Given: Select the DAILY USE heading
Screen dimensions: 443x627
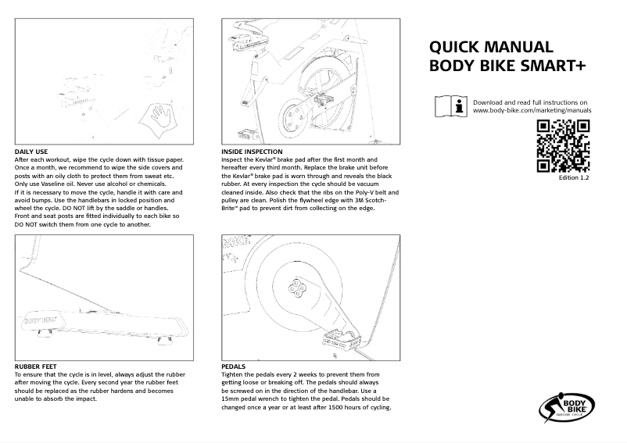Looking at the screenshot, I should (x=32, y=151).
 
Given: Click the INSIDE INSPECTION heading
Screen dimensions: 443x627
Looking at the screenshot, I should (x=253, y=151).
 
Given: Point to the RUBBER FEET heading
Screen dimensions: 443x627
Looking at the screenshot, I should (x=36, y=366).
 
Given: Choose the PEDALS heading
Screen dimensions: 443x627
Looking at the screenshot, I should (x=234, y=366).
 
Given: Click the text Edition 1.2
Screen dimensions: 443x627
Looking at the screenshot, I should (x=573, y=179).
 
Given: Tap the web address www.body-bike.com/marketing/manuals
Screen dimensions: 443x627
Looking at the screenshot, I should (x=532, y=111).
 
